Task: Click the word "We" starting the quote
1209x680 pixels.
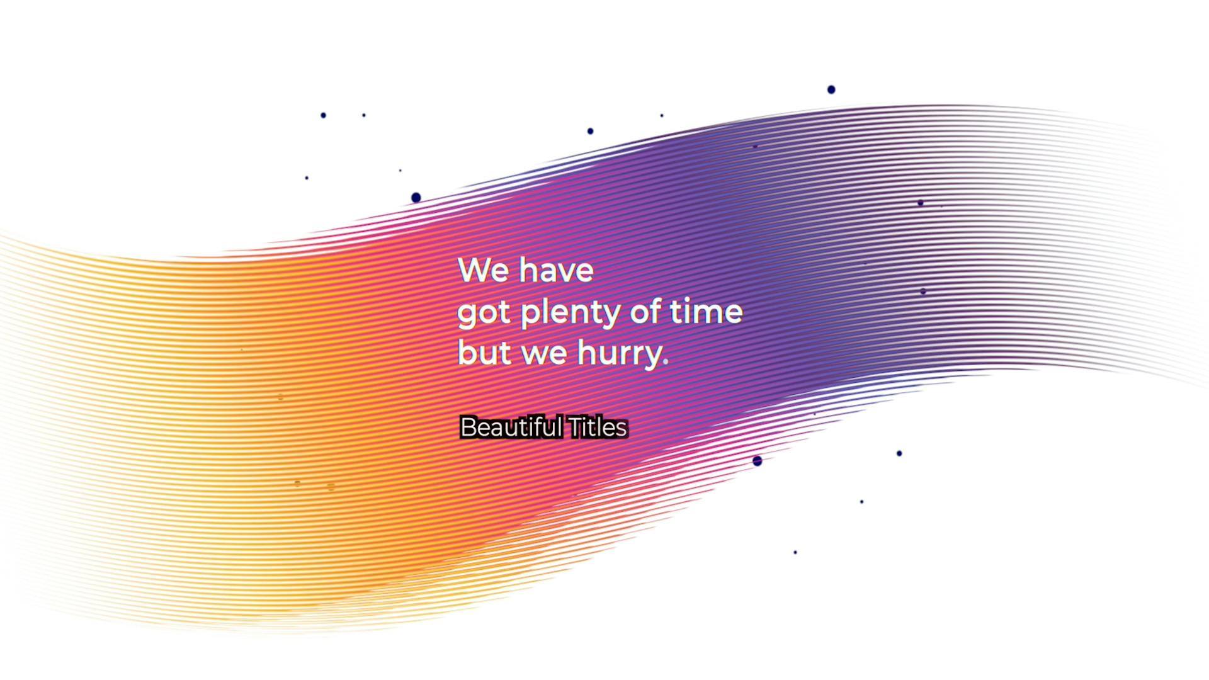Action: [x=483, y=270]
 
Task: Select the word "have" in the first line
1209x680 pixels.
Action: [x=556, y=270]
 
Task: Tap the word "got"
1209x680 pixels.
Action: [x=484, y=313]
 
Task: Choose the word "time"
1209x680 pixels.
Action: [x=706, y=311]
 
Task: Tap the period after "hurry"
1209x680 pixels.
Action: [x=666, y=362]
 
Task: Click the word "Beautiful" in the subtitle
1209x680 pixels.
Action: [x=511, y=428]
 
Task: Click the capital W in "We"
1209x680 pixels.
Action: [x=474, y=270]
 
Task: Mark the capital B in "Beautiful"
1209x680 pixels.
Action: [x=468, y=428]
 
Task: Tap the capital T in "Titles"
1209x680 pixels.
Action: [x=576, y=428]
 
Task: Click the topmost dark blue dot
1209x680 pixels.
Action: [x=831, y=89]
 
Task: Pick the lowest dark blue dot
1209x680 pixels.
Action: [x=795, y=552]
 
